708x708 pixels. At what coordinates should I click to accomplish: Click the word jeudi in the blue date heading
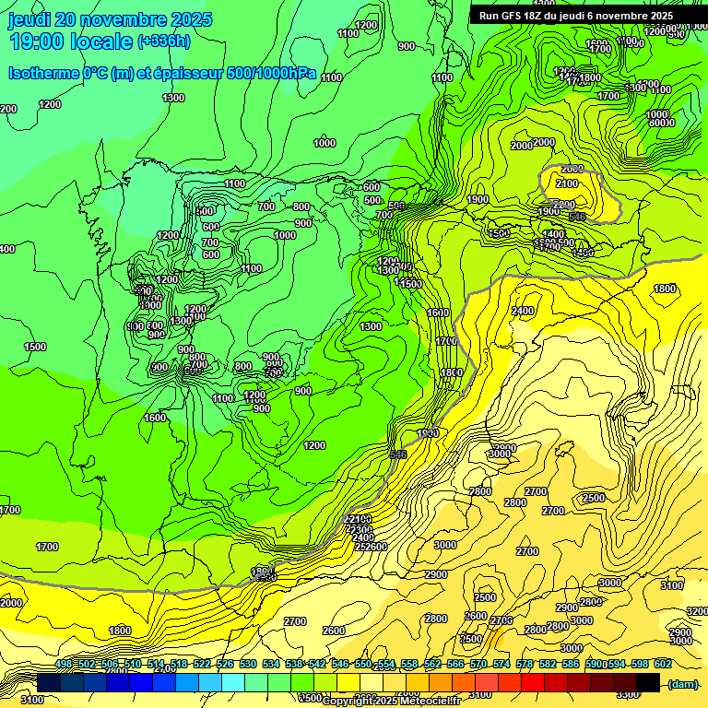(x=29, y=19)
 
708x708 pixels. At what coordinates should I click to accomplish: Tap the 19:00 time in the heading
(x=40, y=41)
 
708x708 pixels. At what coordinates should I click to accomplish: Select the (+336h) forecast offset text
(x=163, y=41)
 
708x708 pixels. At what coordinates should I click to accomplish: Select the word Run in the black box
(x=490, y=16)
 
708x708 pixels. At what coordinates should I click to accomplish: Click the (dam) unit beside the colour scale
(x=682, y=684)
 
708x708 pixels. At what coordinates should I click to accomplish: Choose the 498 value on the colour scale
(x=64, y=665)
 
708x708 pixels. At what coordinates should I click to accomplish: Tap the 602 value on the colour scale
(x=662, y=665)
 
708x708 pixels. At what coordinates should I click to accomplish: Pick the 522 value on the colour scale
(x=202, y=665)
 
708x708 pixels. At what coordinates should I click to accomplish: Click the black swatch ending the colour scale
(x=648, y=683)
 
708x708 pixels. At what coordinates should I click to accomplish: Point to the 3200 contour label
(x=697, y=611)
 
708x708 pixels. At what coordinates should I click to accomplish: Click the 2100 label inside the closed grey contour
(x=568, y=184)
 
